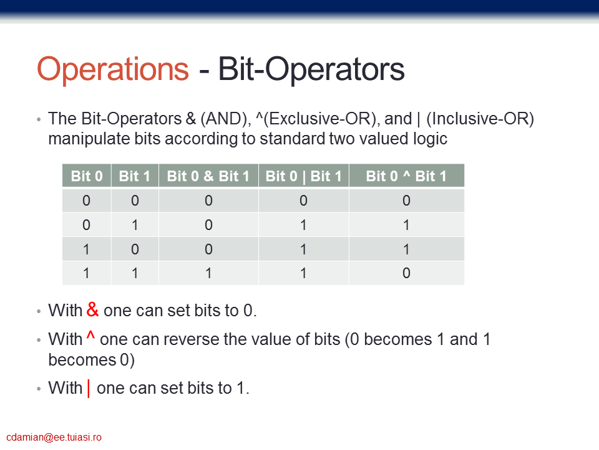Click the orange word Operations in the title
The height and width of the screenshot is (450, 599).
click(113, 69)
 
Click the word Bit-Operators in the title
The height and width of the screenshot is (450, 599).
click(311, 69)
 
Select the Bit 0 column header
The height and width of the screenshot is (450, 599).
click(87, 176)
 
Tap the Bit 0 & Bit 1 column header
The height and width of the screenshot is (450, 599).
click(208, 176)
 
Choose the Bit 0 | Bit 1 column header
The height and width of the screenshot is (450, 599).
click(304, 176)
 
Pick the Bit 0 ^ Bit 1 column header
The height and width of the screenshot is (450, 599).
click(406, 176)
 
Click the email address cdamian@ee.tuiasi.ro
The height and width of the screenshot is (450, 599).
click(54, 437)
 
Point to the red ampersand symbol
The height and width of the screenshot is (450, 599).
click(92, 309)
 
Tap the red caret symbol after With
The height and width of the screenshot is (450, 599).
click(90, 335)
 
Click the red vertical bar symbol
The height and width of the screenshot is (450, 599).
click(89, 388)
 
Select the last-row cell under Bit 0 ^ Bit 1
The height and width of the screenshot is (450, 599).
click(406, 273)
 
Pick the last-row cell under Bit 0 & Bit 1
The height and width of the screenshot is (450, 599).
click(208, 273)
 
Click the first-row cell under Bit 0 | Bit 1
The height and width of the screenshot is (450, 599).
click(304, 201)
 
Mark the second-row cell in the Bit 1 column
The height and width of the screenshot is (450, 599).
click(135, 225)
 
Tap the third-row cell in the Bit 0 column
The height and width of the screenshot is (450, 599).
click(87, 249)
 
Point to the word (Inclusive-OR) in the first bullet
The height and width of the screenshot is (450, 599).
click(480, 119)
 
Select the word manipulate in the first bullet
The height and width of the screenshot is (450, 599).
click(89, 139)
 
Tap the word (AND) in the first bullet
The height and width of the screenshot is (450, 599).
click(225, 119)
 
